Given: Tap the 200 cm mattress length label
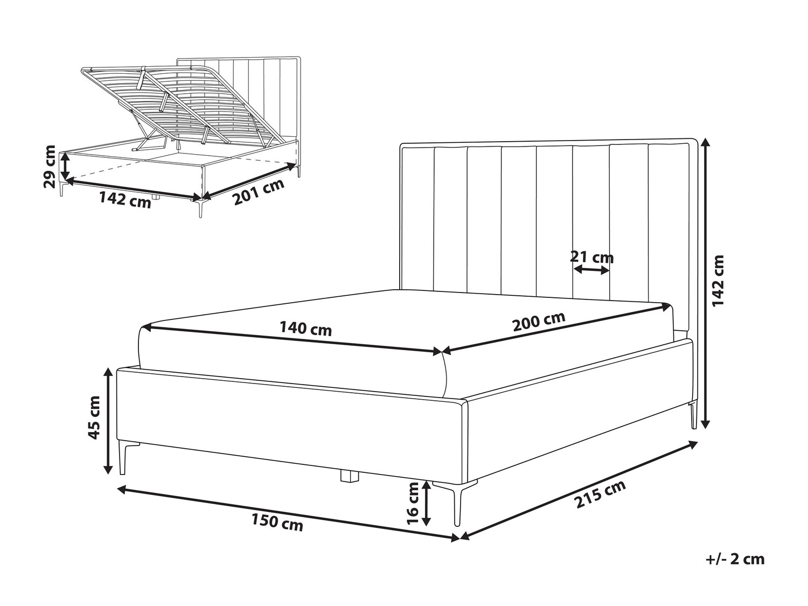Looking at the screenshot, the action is pos(539,321).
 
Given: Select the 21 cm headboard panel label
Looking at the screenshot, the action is pos(592,257).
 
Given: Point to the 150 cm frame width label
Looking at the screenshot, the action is pos(277,521).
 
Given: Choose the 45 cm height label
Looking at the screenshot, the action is pos(94,417).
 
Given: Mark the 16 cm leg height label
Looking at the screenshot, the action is pos(413,503).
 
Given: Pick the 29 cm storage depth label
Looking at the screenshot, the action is pos(49,166).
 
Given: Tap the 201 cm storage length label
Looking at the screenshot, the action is pos(259,192).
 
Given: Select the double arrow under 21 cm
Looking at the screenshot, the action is pos(591,270).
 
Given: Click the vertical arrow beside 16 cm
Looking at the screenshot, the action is pos(426,503).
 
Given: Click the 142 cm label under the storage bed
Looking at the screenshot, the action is pos(125,200).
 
